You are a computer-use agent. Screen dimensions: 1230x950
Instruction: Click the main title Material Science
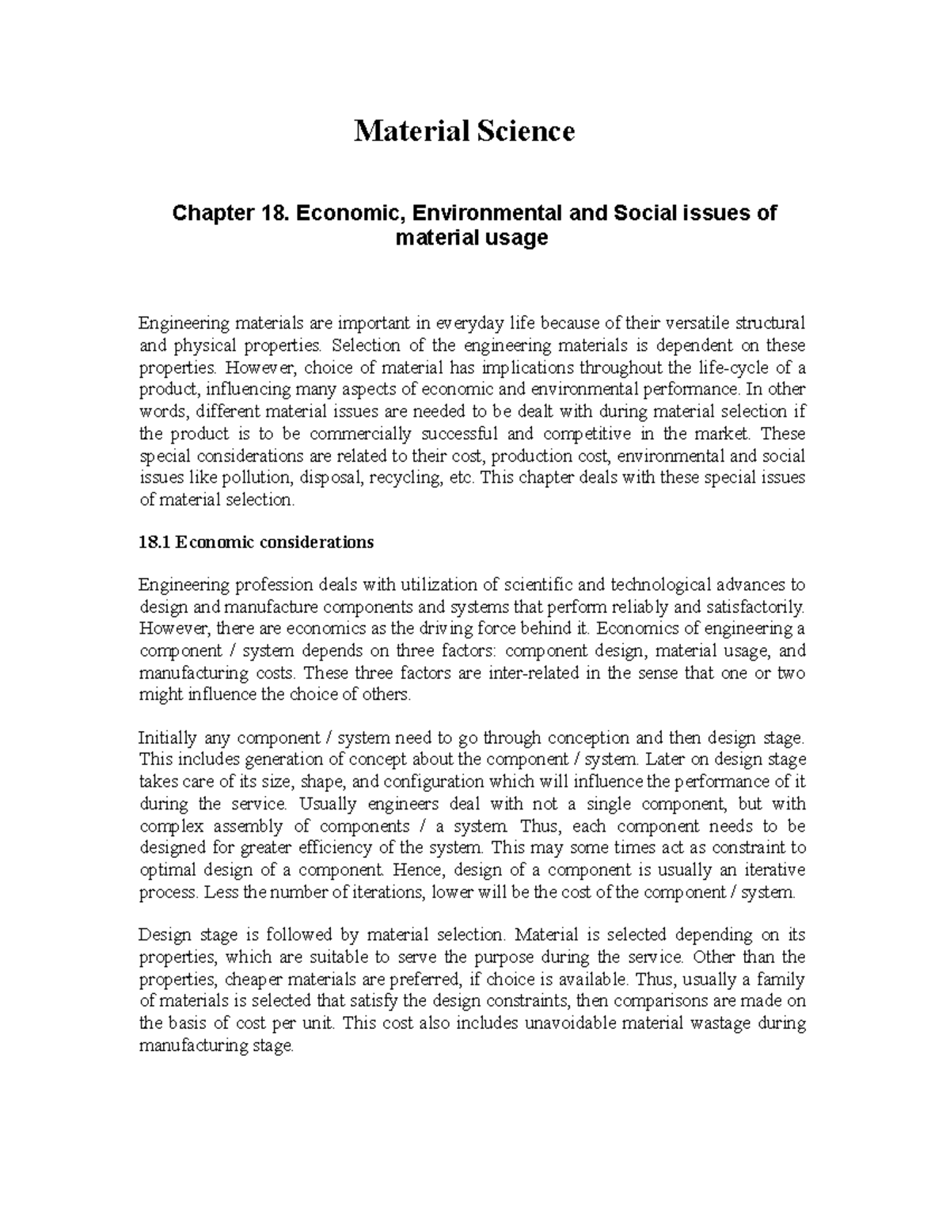click(464, 131)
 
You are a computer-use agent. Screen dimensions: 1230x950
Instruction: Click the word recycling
click(405, 478)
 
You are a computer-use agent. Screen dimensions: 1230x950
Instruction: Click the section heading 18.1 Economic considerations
click(256, 543)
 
